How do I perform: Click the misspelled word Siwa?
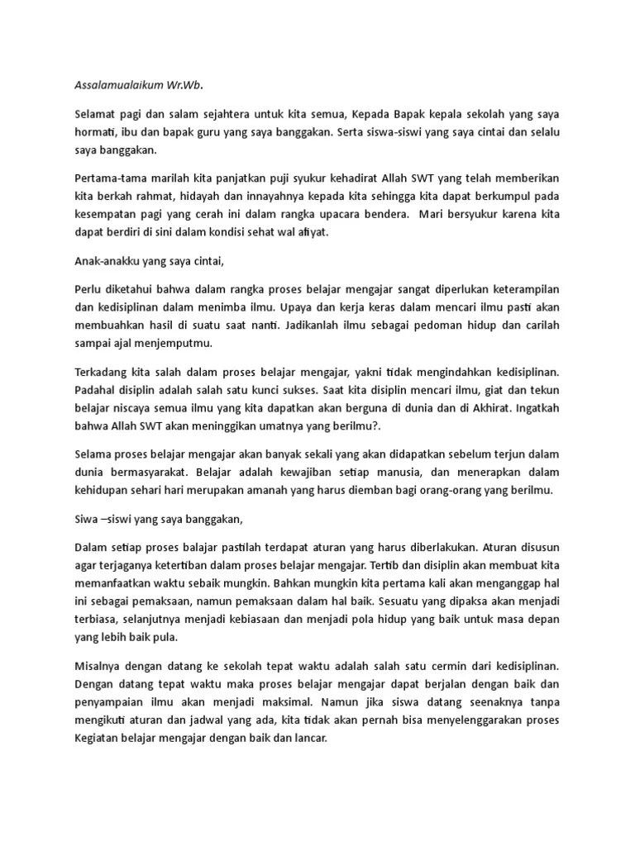point(87,517)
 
